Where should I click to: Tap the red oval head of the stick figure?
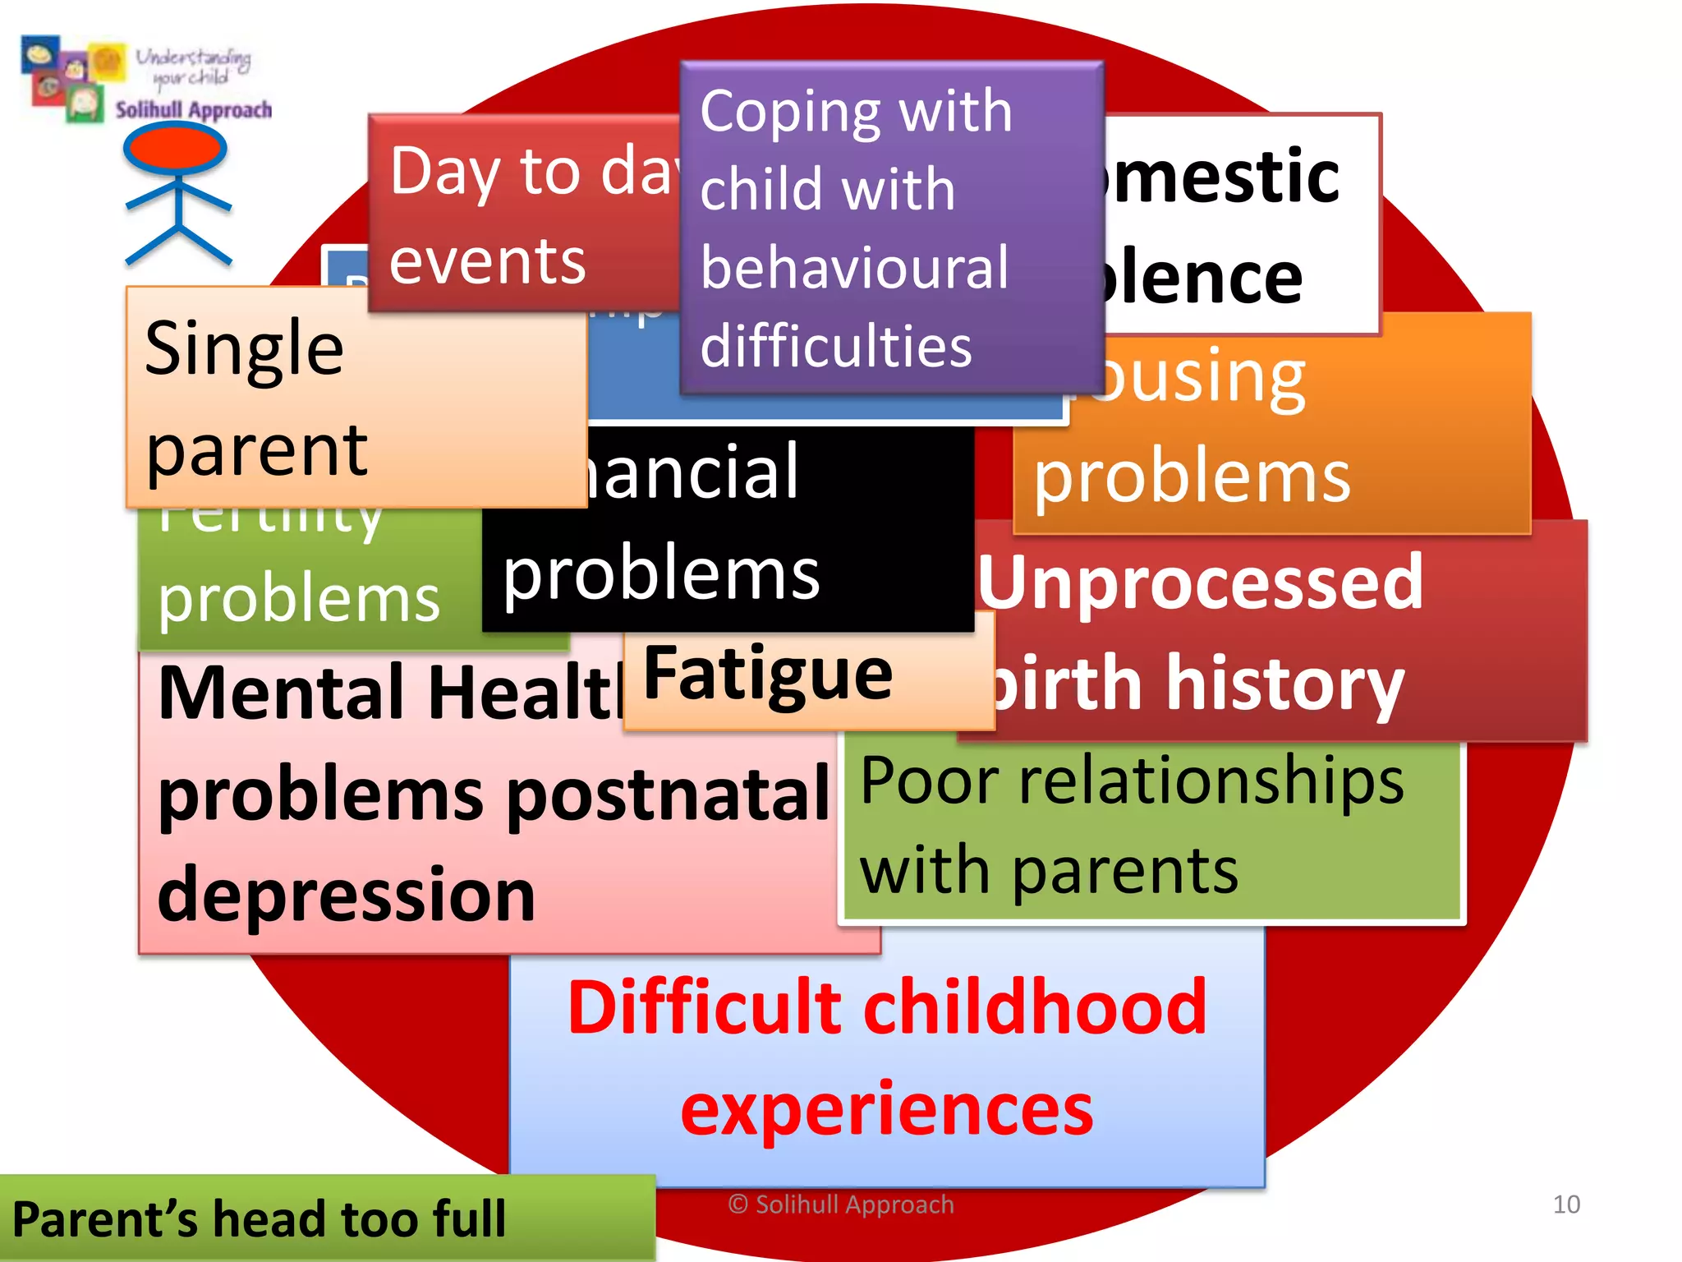pyautogui.click(x=175, y=149)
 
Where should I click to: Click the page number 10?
pyautogui.click(x=1566, y=1204)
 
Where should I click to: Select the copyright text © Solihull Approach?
pyautogui.click(x=841, y=1204)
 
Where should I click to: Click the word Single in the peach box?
pyautogui.click(x=244, y=349)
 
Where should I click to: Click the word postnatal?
pyautogui.click(x=669, y=794)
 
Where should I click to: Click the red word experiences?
pyautogui.click(x=887, y=1109)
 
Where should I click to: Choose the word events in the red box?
pyautogui.click(x=487, y=261)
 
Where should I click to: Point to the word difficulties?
pyautogui.click(x=836, y=346)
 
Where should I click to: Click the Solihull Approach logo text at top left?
pyautogui.click(x=193, y=110)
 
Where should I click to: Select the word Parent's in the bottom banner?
pyautogui.click(x=104, y=1218)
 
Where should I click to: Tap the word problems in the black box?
pyautogui.click(x=661, y=574)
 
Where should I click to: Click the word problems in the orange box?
pyautogui.click(x=1192, y=478)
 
